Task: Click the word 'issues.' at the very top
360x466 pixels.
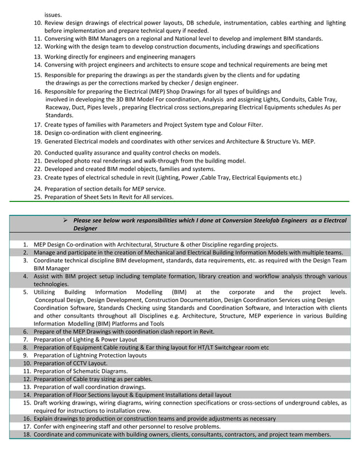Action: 54,14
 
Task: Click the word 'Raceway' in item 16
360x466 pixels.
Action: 58,107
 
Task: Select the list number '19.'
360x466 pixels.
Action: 38,141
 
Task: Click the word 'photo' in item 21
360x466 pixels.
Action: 82,161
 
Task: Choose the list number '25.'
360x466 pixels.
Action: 38,197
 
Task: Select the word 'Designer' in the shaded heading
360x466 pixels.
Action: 85,228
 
